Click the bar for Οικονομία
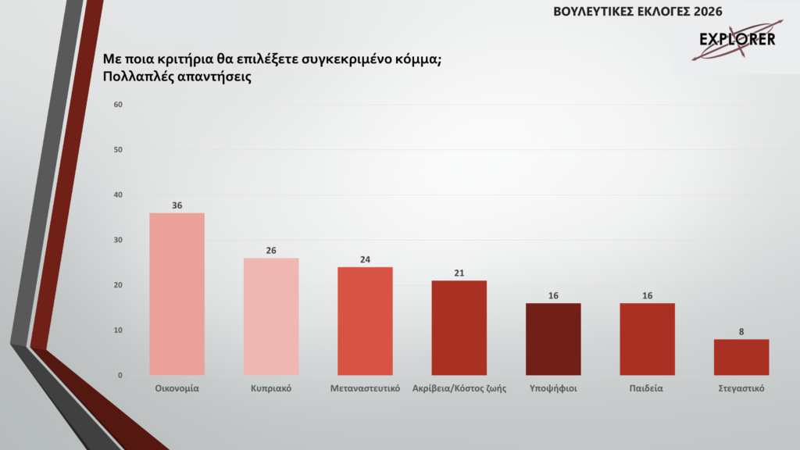pos(177,294)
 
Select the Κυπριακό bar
pos(271,316)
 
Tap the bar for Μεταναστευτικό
pos(365,321)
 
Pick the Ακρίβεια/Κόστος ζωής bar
pos(459,327)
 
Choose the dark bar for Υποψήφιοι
pos(553,339)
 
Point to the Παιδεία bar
pos(647,339)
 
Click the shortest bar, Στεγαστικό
pos(741,357)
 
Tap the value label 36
pos(177,205)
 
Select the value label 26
pos(271,251)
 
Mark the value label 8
pos(741,332)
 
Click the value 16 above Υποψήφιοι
pos(553,296)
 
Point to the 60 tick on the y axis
pos(119,105)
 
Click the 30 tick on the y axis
pos(119,240)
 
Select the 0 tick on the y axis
pos(120,376)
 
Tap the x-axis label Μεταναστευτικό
pos(365,388)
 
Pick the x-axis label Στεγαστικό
pos(741,388)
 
